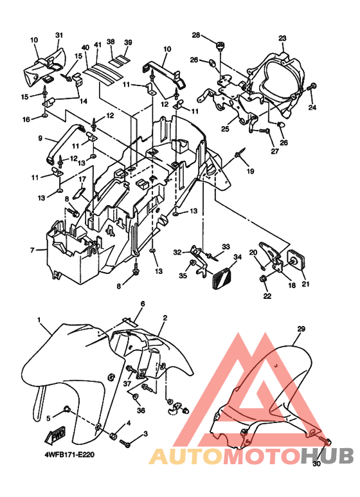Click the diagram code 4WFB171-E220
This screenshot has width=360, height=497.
tap(69, 455)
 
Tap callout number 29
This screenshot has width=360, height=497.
tap(301, 329)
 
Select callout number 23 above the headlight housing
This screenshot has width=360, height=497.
tap(282, 39)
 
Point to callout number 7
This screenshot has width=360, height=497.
tap(32, 250)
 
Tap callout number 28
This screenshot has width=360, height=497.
tap(197, 35)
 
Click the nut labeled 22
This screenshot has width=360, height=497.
tap(262, 279)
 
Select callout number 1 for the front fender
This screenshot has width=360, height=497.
tap(39, 320)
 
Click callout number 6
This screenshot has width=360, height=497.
tap(143, 303)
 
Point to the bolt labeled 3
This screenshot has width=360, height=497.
tap(125, 443)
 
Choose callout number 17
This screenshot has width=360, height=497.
tap(82, 179)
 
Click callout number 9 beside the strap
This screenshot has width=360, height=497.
tap(40, 138)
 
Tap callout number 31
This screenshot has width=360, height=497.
tap(59, 35)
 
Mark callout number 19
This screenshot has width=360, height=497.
tap(250, 172)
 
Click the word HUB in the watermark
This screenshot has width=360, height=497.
tap(327, 456)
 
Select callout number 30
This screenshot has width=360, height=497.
tap(316, 464)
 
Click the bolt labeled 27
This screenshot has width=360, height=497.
tap(264, 131)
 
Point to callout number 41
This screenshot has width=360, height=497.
tap(98, 45)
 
